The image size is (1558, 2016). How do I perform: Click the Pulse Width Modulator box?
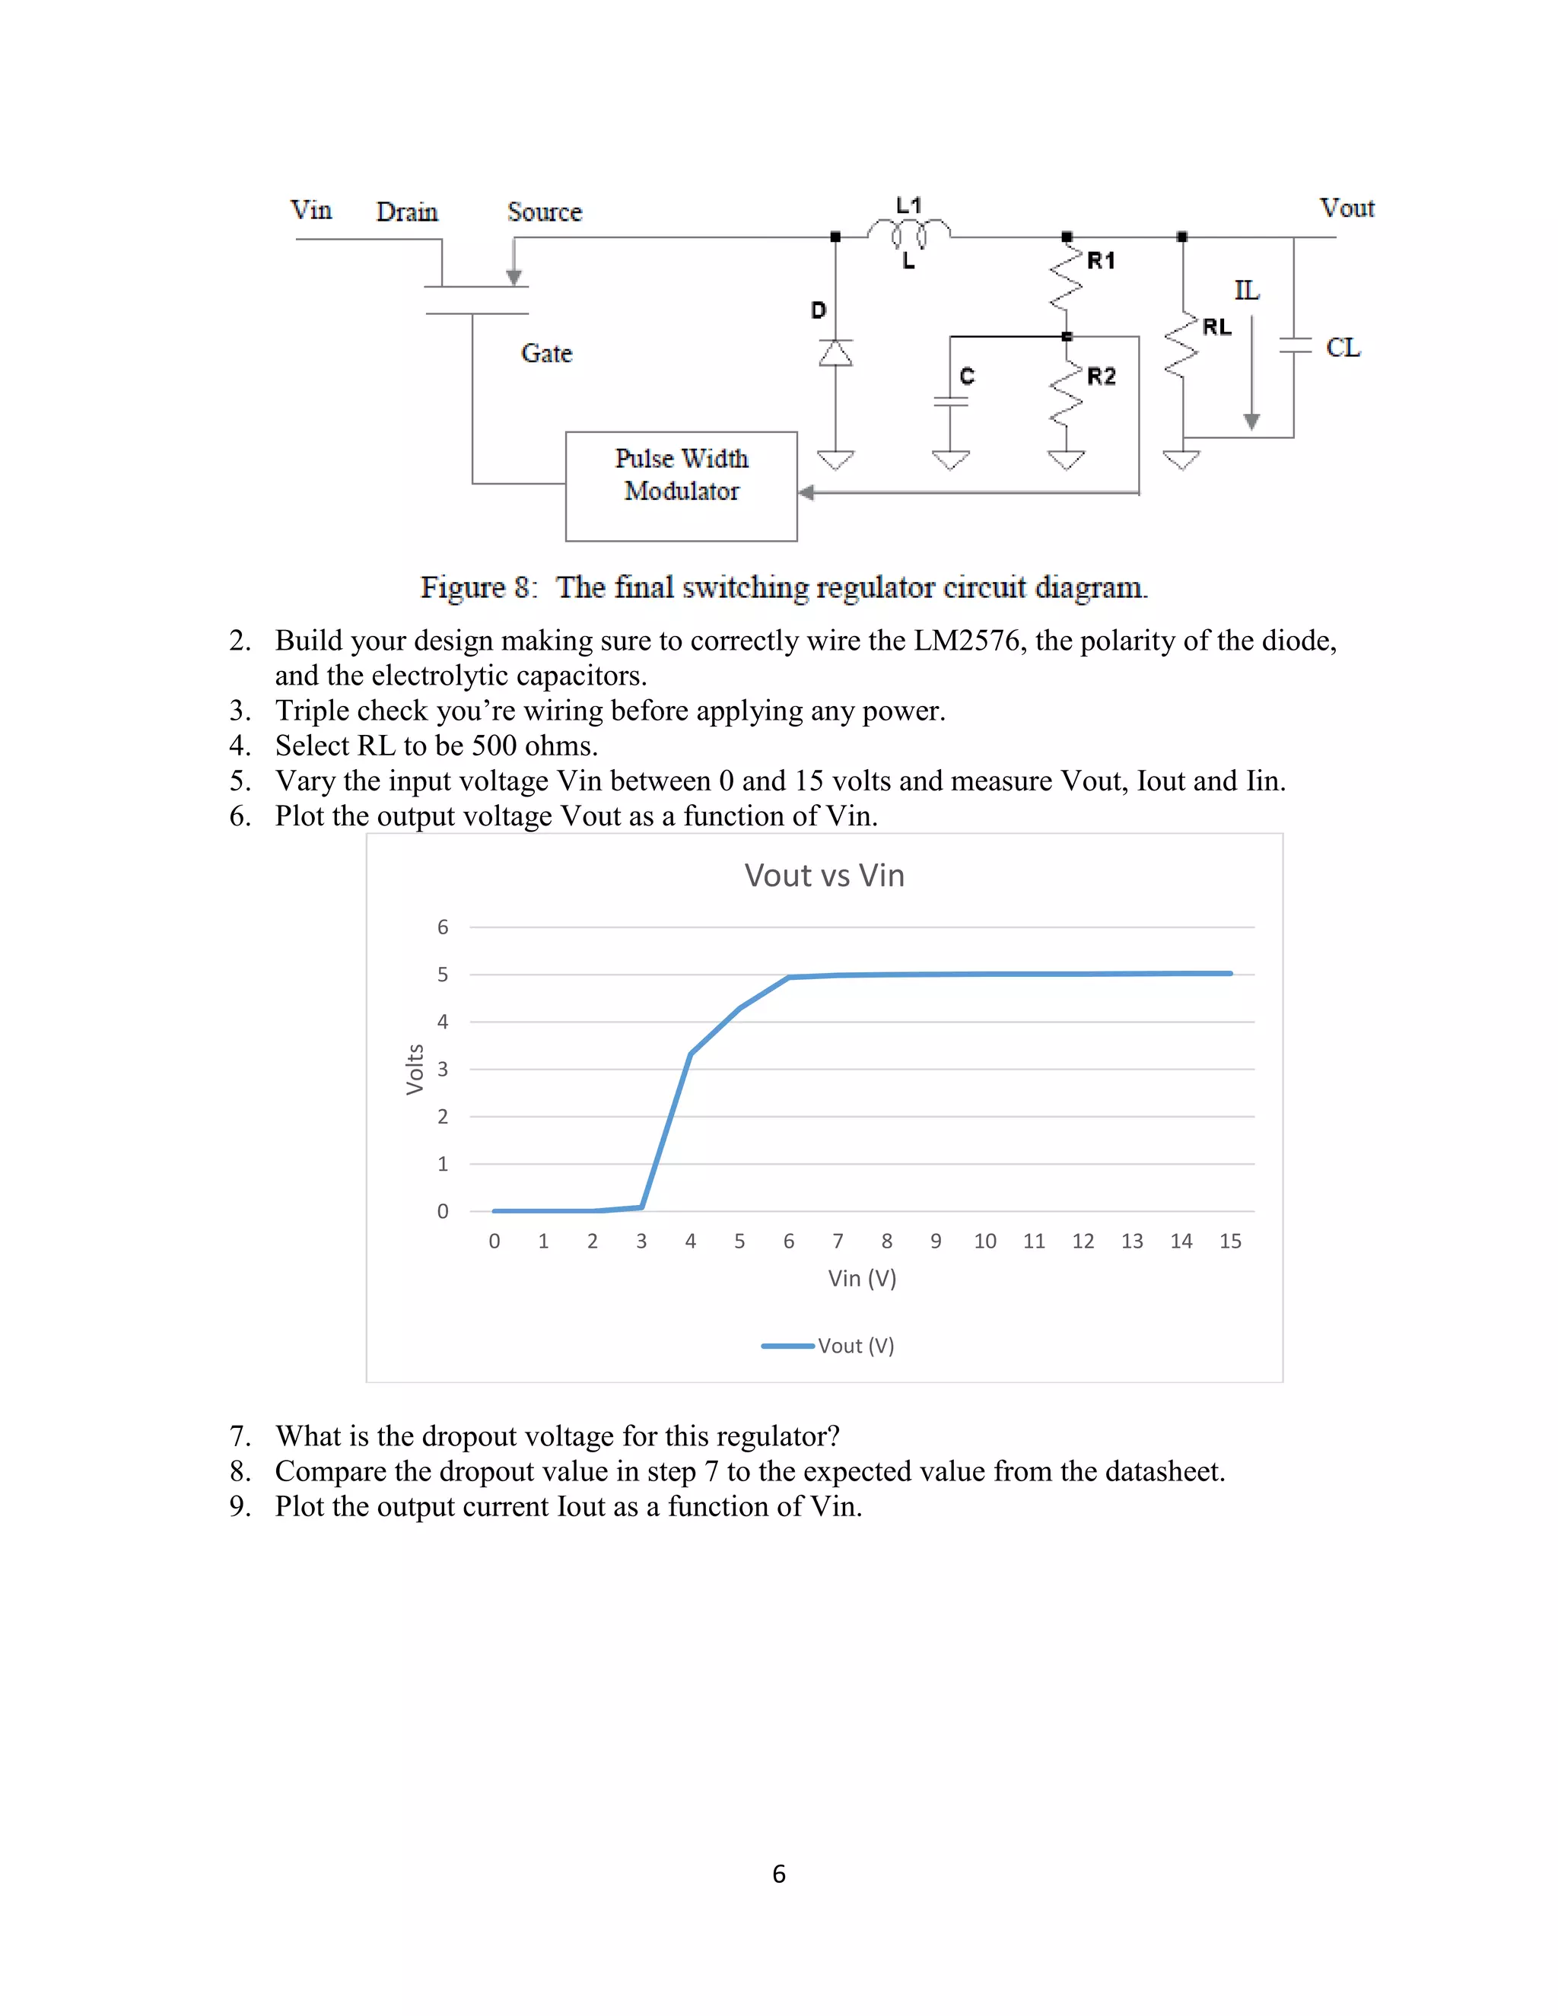[681, 485]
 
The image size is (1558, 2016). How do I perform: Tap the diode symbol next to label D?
[836, 353]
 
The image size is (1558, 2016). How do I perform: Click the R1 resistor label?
[1101, 261]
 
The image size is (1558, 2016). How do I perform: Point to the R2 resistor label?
[1101, 377]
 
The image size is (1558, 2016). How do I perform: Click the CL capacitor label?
[1343, 348]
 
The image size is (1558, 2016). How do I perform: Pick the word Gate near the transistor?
[546, 354]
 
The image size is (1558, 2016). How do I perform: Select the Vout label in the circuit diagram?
[1347, 208]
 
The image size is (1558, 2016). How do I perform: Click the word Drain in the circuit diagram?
[407, 212]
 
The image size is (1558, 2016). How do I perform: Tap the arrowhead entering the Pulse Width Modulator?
[806, 493]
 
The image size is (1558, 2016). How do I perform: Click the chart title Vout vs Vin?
[824, 875]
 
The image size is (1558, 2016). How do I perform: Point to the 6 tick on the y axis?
[443, 927]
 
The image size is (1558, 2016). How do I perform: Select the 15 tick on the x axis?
[1229, 1242]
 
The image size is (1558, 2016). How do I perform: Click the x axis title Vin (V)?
[862, 1279]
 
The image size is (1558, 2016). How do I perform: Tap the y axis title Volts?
[415, 1069]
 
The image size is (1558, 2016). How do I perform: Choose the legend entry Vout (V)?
[854, 1346]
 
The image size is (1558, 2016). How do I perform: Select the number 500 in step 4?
[494, 746]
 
